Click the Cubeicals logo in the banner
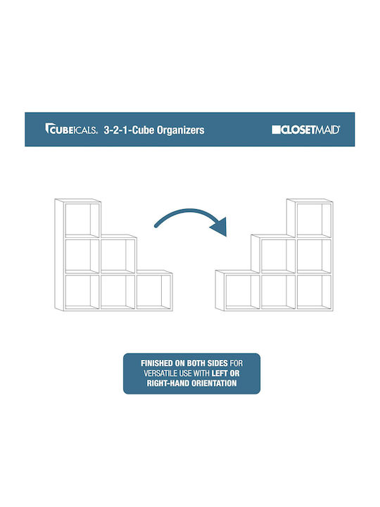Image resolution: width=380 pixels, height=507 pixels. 71,129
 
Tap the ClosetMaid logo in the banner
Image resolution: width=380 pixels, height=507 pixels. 305,130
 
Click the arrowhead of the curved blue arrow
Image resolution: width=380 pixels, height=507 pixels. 220,226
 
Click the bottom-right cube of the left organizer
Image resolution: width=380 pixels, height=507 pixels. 153,291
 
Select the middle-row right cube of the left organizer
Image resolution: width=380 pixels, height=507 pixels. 118,256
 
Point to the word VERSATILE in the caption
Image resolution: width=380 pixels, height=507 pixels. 160,373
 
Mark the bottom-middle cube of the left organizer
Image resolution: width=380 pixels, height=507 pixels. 118,291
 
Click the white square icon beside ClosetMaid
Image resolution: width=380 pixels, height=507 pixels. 276,130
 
